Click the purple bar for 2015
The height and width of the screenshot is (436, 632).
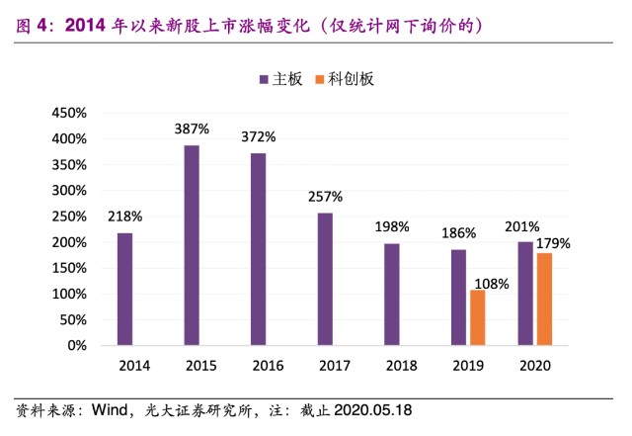click(x=192, y=245)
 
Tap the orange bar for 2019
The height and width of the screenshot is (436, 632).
click(x=477, y=317)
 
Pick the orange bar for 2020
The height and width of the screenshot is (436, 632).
click(x=544, y=300)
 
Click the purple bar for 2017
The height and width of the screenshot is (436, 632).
click(x=325, y=279)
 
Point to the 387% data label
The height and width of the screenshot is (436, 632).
click(x=193, y=129)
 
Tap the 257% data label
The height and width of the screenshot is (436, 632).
click(x=325, y=196)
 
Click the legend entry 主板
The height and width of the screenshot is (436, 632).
click(x=280, y=78)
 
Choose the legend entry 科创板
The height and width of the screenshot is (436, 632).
click(x=345, y=78)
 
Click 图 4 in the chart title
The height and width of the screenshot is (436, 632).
click(x=32, y=23)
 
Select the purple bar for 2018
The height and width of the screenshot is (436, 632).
click(x=392, y=295)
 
